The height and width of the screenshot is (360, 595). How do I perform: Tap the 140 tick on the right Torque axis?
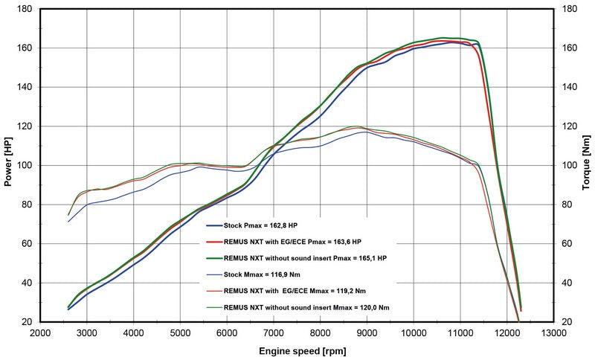(x=570, y=87)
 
